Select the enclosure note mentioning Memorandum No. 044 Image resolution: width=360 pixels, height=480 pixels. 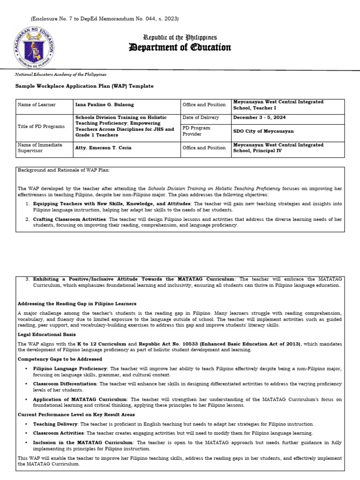105,19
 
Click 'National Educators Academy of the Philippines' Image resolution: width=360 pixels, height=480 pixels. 61,75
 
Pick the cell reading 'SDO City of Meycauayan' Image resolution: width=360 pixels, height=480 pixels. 264,131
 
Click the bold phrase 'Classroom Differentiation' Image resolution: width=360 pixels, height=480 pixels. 65,383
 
